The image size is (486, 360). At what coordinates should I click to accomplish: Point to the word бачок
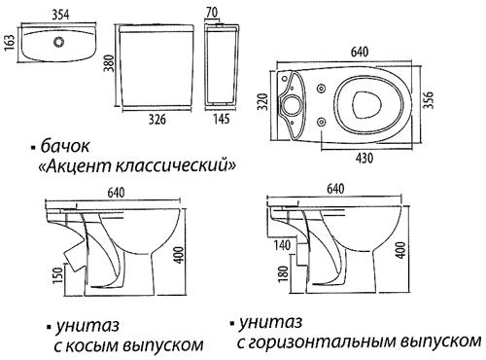(68, 146)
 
